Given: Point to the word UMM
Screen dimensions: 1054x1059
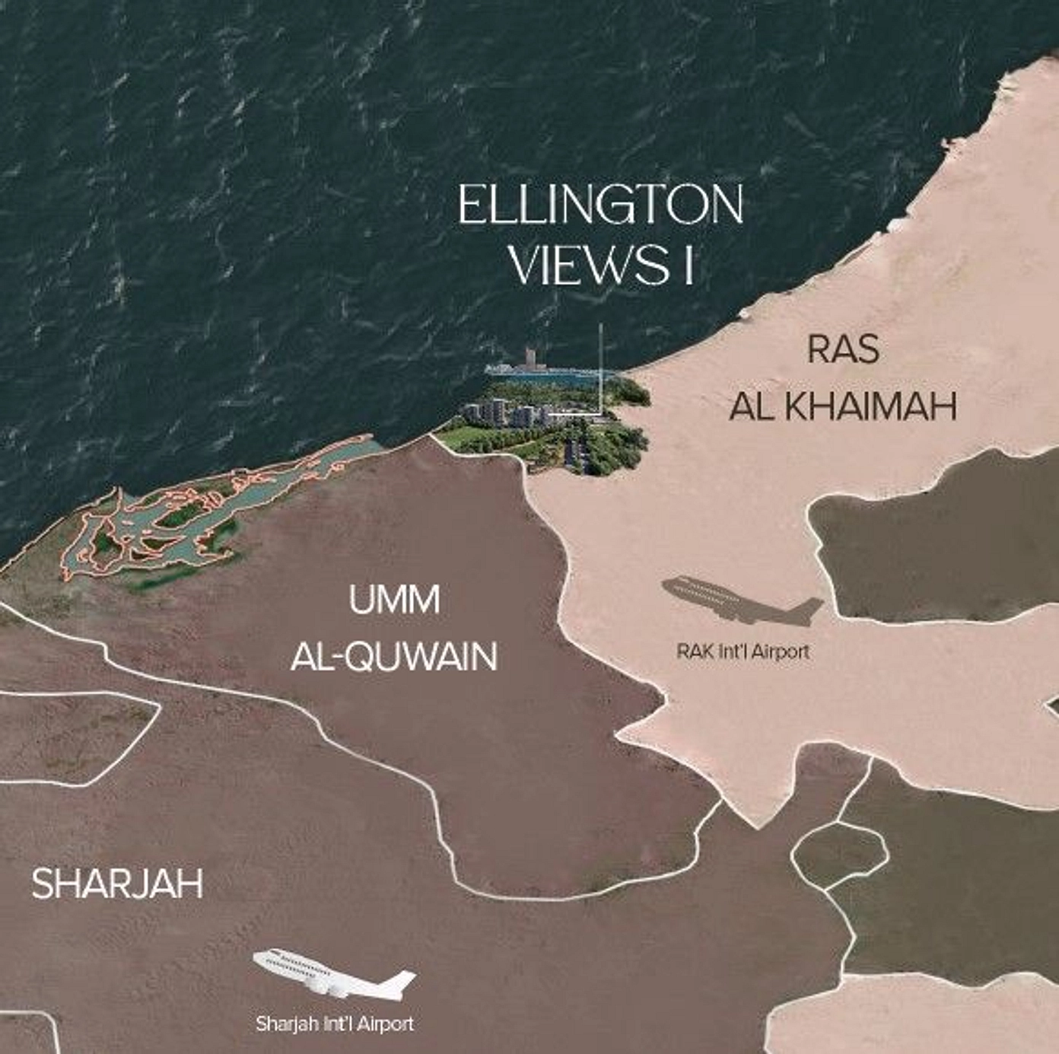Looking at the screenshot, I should click(394, 600).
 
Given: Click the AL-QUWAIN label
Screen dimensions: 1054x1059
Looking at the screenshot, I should click(394, 656).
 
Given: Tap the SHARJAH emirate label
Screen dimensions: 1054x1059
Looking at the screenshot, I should click(117, 884).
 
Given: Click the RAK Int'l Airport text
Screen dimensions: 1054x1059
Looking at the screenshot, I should click(743, 652).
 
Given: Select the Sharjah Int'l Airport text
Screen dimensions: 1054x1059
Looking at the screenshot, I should click(335, 1024).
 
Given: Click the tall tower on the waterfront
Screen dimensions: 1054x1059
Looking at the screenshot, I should click(530, 358).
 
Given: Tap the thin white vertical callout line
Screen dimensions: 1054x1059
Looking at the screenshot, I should click(601, 365).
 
